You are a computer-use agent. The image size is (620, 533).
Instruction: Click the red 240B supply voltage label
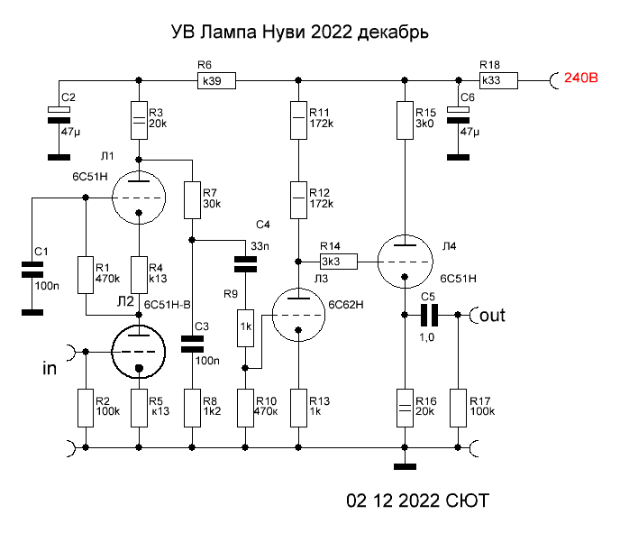click(581, 78)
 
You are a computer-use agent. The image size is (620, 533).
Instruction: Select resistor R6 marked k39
click(216, 81)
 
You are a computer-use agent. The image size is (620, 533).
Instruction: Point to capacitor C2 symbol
click(59, 112)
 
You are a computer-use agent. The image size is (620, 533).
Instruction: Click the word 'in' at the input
click(50, 369)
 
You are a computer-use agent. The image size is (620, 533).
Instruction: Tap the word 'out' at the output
click(494, 316)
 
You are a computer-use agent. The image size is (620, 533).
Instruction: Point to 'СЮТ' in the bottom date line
click(468, 500)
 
